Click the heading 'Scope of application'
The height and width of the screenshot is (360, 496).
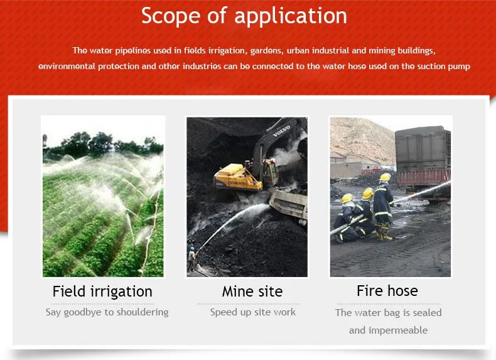(244, 16)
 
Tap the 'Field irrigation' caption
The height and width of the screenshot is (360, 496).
(102, 292)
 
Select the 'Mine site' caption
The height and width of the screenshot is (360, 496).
(252, 292)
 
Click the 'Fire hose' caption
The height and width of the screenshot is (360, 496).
(387, 291)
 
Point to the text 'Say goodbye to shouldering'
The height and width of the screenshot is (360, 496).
(107, 312)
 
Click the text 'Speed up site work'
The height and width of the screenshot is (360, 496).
(253, 312)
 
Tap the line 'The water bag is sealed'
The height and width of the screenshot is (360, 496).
(389, 313)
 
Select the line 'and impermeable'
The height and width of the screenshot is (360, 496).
(389, 330)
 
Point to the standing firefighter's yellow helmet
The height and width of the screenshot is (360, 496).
(385, 178)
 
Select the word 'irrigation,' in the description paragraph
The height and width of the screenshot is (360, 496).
(232, 50)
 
